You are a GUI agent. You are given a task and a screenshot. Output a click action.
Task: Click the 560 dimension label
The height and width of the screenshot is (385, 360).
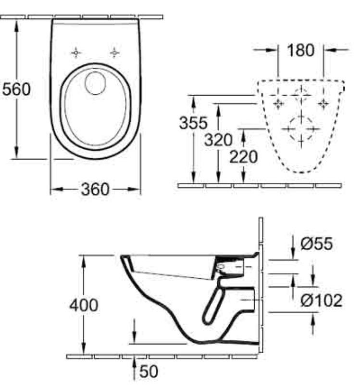pyautogui.click(x=16, y=89)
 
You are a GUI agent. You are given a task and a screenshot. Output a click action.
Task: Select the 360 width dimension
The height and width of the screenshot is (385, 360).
pyautogui.click(x=95, y=189)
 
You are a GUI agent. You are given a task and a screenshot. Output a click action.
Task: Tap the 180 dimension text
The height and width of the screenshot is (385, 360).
pyautogui.click(x=300, y=51)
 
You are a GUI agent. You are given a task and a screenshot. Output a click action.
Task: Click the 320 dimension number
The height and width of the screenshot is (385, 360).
pyautogui.click(x=218, y=140)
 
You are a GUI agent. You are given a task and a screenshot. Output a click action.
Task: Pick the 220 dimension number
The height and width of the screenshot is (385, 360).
pyautogui.click(x=243, y=157)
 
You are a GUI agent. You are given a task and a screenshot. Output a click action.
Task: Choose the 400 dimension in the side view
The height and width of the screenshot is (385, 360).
pyautogui.click(x=84, y=305)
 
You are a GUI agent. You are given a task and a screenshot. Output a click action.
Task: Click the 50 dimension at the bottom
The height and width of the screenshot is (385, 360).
pyautogui.click(x=149, y=371)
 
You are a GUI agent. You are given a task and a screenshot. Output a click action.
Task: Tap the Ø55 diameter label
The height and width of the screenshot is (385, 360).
pyautogui.click(x=317, y=244)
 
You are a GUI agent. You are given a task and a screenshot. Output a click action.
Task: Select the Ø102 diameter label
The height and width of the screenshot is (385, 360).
pyautogui.click(x=321, y=300)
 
